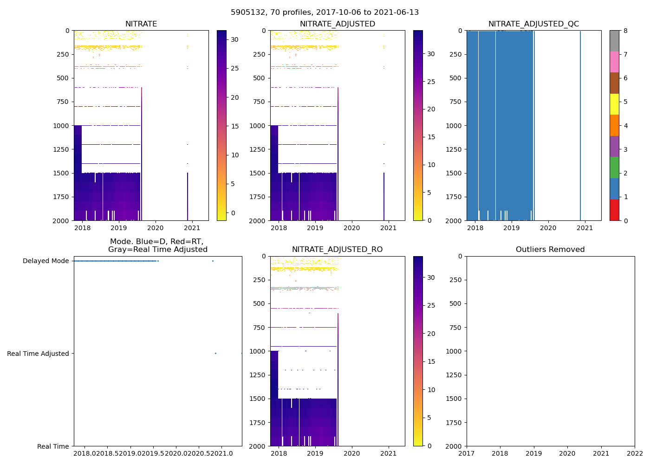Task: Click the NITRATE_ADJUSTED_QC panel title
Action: tap(533, 24)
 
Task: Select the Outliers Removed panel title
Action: tap(550, 249)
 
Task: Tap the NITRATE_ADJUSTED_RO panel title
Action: tap(337, 249)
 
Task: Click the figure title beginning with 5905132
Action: tap(325, 12)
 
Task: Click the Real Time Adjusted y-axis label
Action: tap(38, 354)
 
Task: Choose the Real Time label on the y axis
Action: tap(53, 446)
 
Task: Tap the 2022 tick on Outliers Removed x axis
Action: tap(635, 454)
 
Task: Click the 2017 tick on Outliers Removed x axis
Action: tap(467, 454)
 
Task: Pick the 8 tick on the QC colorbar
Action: tap(625, 31)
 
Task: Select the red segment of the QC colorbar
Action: tap(614, 210)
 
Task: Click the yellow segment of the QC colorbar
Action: tap(614, 104)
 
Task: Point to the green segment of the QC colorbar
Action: tap(614, 168)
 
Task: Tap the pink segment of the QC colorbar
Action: tap(614, 62)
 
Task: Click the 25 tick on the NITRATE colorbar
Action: tap(234, 68)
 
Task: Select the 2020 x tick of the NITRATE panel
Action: tap(155, 228)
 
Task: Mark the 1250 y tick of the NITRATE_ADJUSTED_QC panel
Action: tap(455, 149)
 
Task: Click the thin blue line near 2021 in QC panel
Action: tap(580, 125)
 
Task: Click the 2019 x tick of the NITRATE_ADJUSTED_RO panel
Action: tap(315, 454)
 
